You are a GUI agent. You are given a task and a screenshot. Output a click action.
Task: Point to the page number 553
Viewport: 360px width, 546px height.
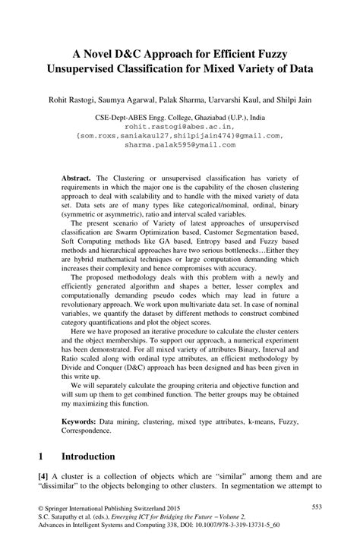click(318, 507)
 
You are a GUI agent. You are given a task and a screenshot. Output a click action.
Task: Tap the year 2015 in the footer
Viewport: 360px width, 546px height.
click(179, 507)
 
